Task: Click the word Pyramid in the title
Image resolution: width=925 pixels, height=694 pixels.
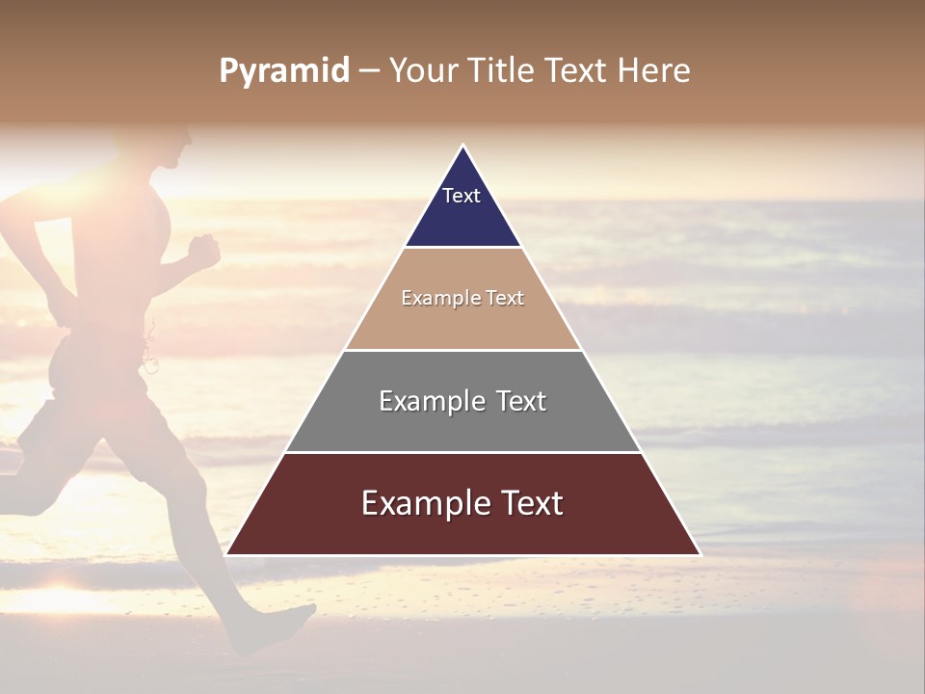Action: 284,71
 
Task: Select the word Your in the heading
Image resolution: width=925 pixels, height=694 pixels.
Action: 421,71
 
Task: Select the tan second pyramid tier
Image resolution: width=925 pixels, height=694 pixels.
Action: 462,323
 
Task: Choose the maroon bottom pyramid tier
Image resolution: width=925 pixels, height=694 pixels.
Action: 462,528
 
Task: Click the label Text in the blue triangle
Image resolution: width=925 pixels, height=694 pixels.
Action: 462,196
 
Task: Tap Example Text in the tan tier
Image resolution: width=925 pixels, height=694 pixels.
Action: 462,298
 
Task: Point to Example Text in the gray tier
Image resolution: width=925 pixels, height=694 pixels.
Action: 462,401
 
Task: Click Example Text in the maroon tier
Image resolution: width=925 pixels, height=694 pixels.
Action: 462,503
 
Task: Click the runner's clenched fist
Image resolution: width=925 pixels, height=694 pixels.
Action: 203,250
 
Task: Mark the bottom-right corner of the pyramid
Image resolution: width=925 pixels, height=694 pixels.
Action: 700,554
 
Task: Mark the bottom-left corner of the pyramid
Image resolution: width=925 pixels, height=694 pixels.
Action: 226,554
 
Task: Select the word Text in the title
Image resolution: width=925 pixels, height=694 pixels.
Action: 578,71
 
